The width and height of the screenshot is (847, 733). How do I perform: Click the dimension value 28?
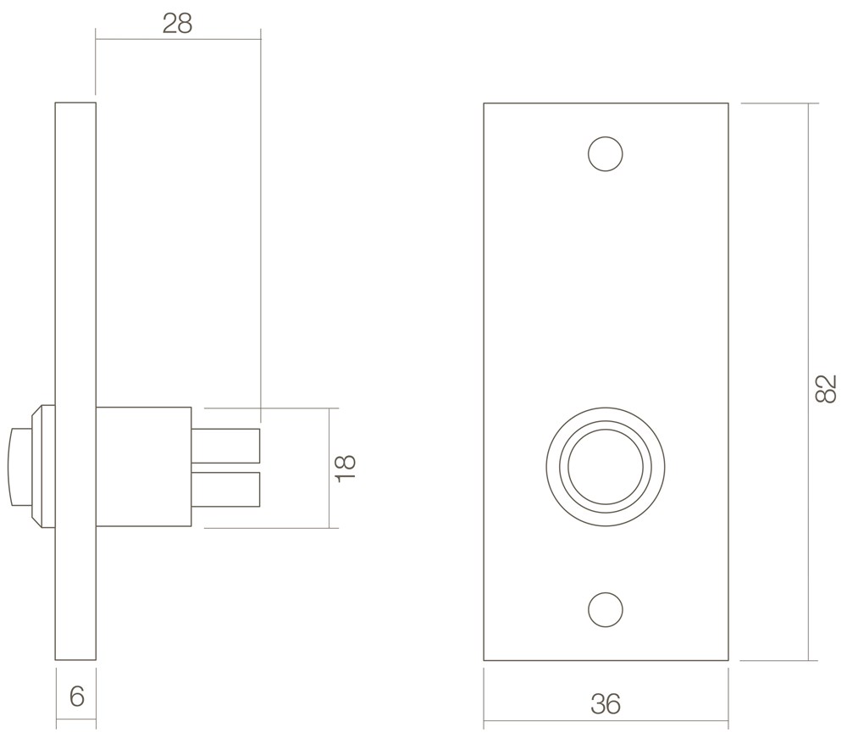click(x=177, y=25)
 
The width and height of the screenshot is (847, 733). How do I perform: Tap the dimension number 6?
click(x=77, y=697)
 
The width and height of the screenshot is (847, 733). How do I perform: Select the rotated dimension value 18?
click(x=346, y=468)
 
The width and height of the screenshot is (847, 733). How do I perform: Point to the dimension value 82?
click(x=825, y=388)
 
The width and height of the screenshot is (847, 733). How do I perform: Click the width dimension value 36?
click(x=606, y=704)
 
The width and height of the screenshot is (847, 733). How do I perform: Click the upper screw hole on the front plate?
click(x=606, y=154)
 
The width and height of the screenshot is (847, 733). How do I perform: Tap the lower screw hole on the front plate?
click(x=606, y=610)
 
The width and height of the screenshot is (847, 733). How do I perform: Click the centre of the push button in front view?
click(x=606, y=468)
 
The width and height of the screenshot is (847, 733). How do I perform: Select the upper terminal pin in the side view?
click(x=226, y=446)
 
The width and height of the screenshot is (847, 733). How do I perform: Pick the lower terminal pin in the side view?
click(x=226, y=490)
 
